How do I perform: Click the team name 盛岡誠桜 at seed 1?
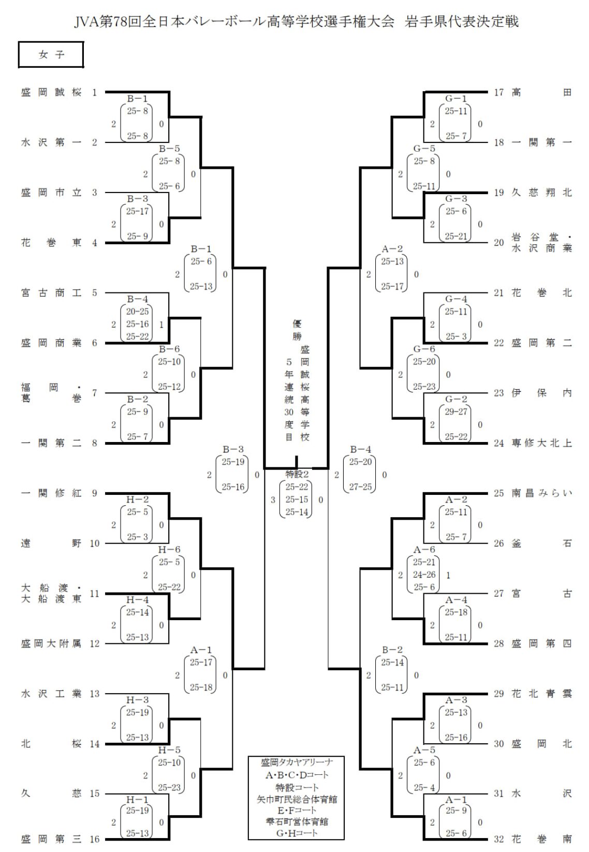pyautogui.click(x=51, y=93)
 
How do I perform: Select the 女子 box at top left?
pyautogui.click(x=51, y=55)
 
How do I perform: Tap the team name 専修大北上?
pyautogui.click(x=541, y=443)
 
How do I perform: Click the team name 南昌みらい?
pyautogui.click(x=541, y=493)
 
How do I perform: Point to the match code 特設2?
pyautogui.click(x=297, y=474)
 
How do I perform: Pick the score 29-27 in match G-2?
pyautogui.click(x=456, y=412)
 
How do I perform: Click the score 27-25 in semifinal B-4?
pyautogui.click(x=360, y=487)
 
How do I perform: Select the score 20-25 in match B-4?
pyautogui.click(x=138, y=311)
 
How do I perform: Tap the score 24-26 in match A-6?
pyautogui.click(x=424, y=575)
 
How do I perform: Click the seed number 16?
pyautogui.click(x=94, y=839)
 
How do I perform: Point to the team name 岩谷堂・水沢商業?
pyautogui.click(x=541, y=243)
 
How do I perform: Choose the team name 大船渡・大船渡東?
pyautogui.click(x=51, y=594)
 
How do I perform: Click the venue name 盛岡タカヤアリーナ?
pyautogui.click(x=297, y=762)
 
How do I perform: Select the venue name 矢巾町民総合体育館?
pyautogui.click(x=297, y=799)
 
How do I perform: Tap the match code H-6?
pyautogui.click(x=169, y=550)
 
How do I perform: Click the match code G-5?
pyautogui.click(x=424, y=149)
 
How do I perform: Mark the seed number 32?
pyautogui.click(x=498, y=839)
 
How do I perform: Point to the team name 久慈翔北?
pyautogui.click(x=541, y=193)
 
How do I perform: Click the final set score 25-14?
pyautogui.click(x=297, y=512)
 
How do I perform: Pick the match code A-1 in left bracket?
pyautogui.click(x=201, y=650)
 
